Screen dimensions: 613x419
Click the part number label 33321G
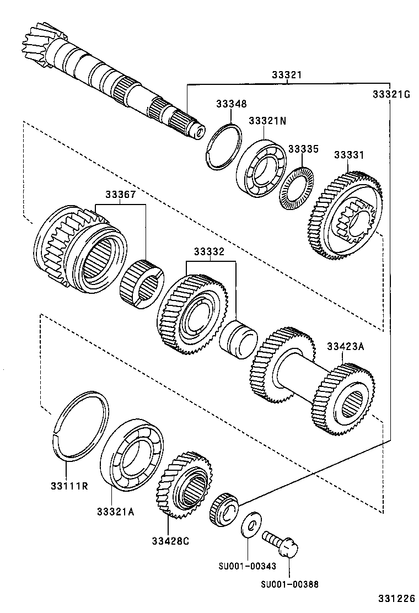point(391,94)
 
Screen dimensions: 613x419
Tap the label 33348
point(231,104)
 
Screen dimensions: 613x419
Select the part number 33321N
point(267,121)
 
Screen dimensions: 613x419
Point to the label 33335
point(303,149)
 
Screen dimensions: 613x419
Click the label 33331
point(348,156)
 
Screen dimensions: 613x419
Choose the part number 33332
point(208,252)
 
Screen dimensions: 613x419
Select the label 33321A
point(116,512)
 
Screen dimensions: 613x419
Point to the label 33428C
point(171,540)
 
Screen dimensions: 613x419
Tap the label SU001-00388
point(290,584)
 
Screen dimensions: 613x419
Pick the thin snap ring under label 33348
point(225,145)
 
